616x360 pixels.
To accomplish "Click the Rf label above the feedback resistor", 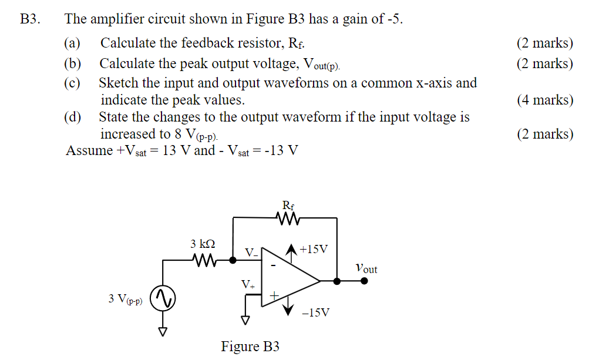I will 288,206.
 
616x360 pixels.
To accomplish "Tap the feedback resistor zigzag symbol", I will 288,218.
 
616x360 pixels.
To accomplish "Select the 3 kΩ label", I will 203,244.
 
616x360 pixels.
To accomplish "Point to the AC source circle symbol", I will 163,299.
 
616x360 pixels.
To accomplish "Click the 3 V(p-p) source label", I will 125,299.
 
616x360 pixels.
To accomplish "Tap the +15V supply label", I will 313,249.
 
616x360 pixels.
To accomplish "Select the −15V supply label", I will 315,312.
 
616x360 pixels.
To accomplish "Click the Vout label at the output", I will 366,268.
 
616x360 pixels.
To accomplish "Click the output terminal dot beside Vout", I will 364,281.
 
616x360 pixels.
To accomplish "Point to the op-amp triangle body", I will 288,281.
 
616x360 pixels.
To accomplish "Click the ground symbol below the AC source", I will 163,331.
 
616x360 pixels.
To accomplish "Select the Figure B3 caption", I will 250,346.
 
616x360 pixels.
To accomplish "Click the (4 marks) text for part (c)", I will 544,100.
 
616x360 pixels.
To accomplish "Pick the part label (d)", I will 73,117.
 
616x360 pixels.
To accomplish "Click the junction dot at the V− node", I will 234,259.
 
